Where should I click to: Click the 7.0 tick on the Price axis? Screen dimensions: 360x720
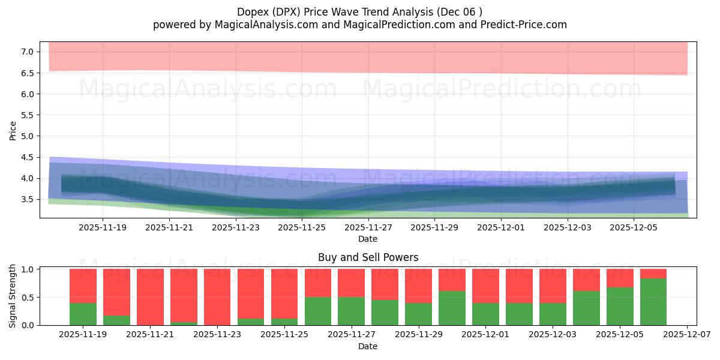pyautogui.click(x=27, y=52)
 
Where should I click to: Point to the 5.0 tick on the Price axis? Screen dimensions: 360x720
pyautogui.click(x=27, y=136)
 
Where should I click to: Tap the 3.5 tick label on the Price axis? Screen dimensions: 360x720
pyautogui.click(x=27, y=199)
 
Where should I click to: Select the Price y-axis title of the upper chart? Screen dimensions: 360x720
pyautogui.click(x=13, y=130)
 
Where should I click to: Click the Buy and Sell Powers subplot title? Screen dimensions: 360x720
pyautogui.click(x=368, y=257)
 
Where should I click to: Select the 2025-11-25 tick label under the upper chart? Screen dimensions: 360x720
pyautogui.click(x=302, y=227)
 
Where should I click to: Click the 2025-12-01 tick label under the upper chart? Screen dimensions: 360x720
pyautogui.click(x=501, y=227)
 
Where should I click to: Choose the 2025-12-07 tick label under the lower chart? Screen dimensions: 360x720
pyautogui.click(x=685, y=335)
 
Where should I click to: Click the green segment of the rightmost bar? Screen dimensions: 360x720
pyautogui.click(x=653, y=302)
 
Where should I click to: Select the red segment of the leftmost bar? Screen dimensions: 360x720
pyautogui.click(x=83, y=286)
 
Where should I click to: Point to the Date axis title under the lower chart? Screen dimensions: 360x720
pyautogui.click(x=368, y=346)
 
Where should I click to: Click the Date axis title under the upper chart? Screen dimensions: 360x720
pyautogui.click(x=368, y=239)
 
